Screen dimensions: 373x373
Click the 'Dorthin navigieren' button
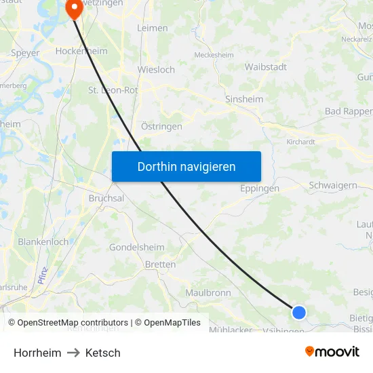click(186, 166)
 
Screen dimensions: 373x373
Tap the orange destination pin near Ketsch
click(72, 8)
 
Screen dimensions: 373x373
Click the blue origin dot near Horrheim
click(299, 312)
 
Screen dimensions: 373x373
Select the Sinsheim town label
click(243, 99)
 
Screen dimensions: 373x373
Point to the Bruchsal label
click(106, 198)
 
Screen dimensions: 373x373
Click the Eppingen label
click(259, 189)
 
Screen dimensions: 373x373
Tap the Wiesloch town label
click(156, 69)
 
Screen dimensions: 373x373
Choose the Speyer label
click(26, 52)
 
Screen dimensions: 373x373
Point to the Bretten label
click(160, 264)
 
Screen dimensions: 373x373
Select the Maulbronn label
click(208, 292)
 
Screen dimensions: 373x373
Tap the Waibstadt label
click(265, 66)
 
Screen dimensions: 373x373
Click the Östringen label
click(161, 126)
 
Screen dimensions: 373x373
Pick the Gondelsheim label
click(137, 247)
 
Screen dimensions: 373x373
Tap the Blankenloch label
click(43, 241)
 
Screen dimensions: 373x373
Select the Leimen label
click(152, 28)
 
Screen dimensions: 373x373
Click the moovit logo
click(332, 351)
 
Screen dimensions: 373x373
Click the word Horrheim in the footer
click(37, 353)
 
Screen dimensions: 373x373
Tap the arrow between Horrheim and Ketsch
click(73, 353)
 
